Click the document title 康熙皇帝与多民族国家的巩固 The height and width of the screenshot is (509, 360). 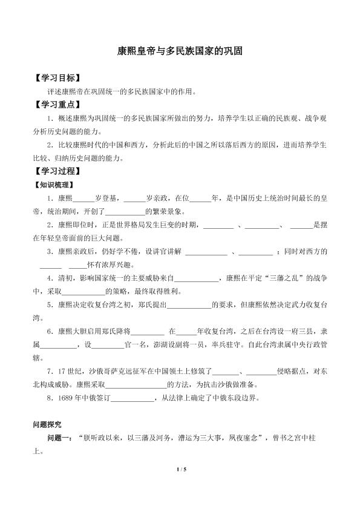click(x=180, y=53)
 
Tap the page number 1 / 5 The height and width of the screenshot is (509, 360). click(x=180, y=486)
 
